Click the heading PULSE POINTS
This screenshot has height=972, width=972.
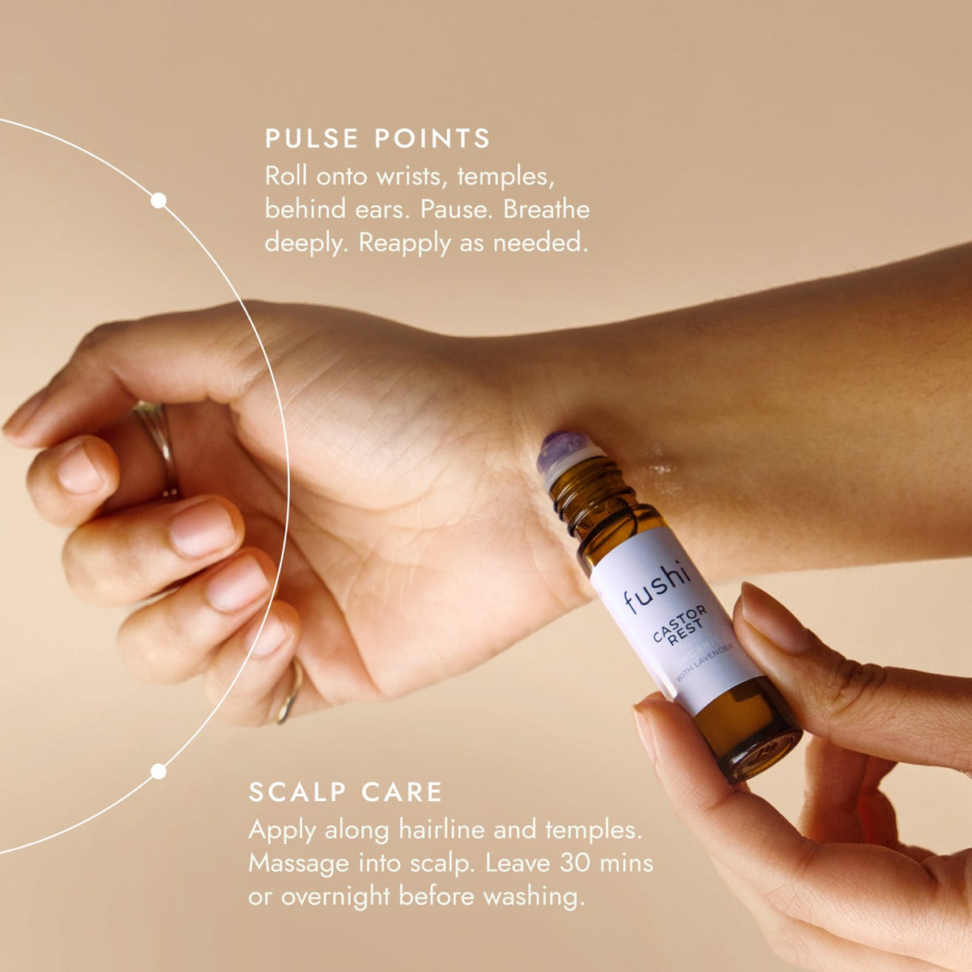(377, 139)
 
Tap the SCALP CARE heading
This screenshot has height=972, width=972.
(346, 791)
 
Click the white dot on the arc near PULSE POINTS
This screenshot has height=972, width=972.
(159, 201)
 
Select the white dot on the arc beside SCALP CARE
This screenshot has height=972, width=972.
(159, 771)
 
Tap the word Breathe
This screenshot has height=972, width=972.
(546, 210)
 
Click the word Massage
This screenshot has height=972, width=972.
(298, 864)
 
